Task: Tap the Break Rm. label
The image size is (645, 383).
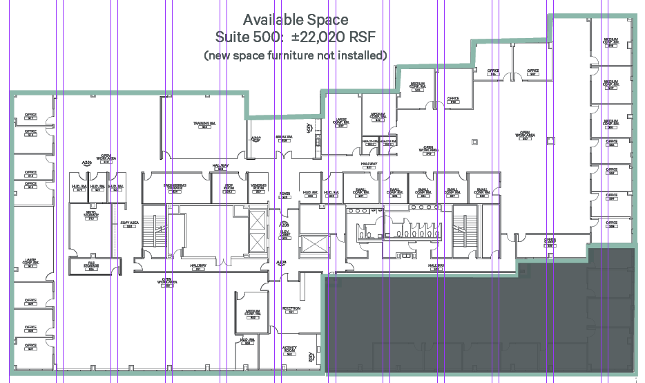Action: (285, 138)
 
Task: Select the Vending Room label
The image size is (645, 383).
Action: (258, 187)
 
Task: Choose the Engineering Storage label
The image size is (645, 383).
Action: (175, 187)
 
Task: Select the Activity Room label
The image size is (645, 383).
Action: (289, 350)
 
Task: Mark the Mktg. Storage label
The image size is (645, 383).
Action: (90, 214)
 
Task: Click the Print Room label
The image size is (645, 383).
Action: (229, 187)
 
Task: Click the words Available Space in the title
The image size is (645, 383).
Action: (296, 20)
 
